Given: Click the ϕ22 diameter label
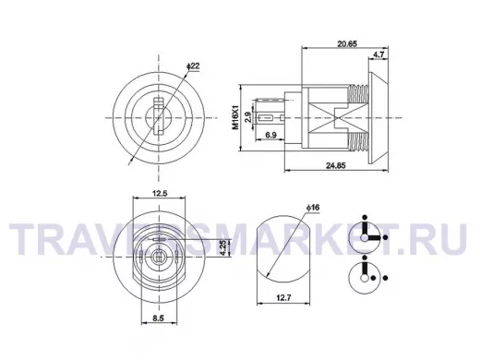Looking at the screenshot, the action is tap(193, 66).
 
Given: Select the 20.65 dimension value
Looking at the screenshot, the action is tap(347, 44).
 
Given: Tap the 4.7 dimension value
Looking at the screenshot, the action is tap(378, 54).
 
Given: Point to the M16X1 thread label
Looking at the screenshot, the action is tap(235, 117).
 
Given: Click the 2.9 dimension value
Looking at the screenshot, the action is tap(248, 117).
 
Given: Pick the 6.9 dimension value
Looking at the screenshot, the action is tap(270, 135).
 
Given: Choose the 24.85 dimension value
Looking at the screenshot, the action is tap(336, 165).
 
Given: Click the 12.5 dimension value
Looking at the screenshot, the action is tap(160, 193).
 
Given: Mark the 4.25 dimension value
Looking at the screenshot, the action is tap(224, 247).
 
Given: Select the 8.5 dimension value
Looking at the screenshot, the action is tap(158, 318).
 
